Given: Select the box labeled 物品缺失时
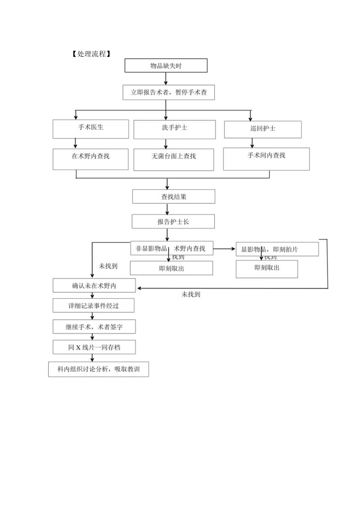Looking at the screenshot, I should (x=166, y=66).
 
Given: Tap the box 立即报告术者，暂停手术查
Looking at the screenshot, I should (x=169, y=93).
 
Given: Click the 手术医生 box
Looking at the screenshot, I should (x=91, y=129).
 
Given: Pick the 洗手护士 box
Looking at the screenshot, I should (x=175, y=129).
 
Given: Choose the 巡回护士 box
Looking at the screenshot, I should (x=263, y=129).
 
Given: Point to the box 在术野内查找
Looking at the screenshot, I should (x=91, y=158).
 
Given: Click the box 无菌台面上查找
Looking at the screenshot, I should (x=174, y=159).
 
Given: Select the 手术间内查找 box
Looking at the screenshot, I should (x=266, y=158).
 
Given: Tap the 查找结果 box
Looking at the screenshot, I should (x=174, y=196).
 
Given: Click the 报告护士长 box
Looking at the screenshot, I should (x=173, y=221).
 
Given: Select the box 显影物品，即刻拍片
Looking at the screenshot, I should (x=277, y=249).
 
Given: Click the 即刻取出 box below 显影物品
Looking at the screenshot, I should (x=267, y=269).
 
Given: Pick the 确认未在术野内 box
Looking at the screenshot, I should (x=94, y=285).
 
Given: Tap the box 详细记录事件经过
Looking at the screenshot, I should (x=94, y=306).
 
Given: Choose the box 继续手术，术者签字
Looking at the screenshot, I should (x=94, y=327).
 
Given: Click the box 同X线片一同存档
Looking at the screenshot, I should (x=94, y=347).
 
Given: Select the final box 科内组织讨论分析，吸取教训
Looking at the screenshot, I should (x=99, y=369).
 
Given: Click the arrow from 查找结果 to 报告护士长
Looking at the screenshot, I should (x=167, y=209).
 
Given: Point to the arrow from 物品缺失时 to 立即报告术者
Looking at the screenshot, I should (x=166, y=79).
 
